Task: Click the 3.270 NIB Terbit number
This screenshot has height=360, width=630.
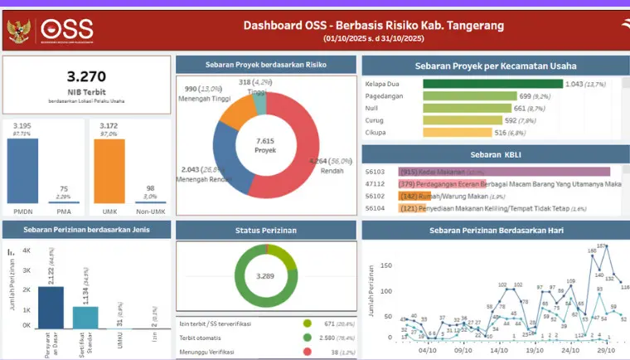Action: pos(86,77)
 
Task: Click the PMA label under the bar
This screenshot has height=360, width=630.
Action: pos(63,212)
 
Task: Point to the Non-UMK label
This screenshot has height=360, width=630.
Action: pos(150,212)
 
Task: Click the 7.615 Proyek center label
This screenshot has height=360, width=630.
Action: pos(265,146)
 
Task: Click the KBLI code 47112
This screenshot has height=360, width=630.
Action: pos(375,183)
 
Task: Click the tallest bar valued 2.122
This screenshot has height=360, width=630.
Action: pos(51,308)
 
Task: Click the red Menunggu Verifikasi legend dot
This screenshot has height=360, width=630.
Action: pos(308,352)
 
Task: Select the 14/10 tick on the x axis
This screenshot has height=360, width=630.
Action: pos(498,350)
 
